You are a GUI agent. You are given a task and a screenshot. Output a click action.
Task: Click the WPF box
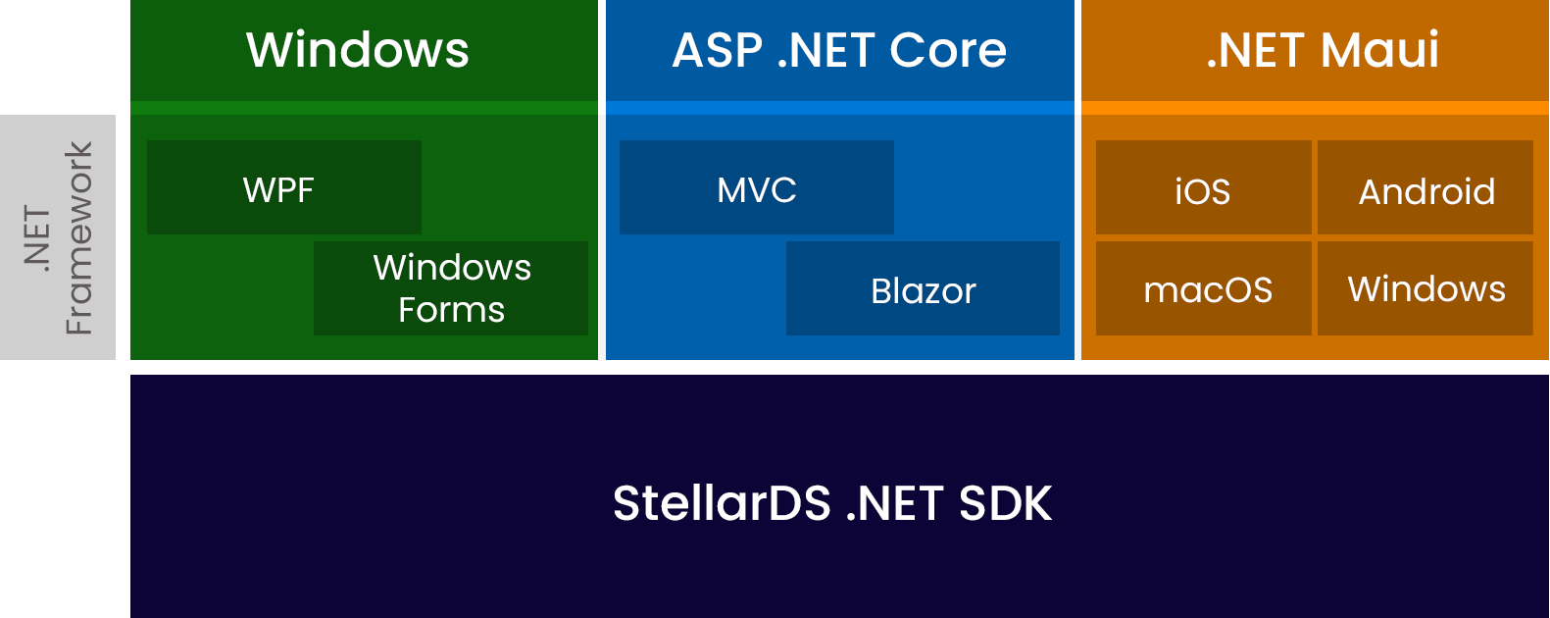click(283, 187)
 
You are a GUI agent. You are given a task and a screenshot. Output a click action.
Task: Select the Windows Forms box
click(451, 288)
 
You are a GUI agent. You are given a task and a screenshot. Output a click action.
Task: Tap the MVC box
click(756, 187)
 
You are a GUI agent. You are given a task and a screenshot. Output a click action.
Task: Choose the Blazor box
click(923, 289)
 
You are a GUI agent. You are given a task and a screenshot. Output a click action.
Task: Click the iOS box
click(1203, 188)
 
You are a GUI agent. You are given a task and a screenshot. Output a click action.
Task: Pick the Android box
click(1425, 188)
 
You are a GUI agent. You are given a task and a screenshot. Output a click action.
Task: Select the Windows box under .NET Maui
click(1425, 289)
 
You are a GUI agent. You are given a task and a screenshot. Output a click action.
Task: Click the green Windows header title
click(358, 50)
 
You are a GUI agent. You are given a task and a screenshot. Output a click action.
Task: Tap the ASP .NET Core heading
click(839, 50)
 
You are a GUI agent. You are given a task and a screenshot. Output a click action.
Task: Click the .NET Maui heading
click(1322, 50)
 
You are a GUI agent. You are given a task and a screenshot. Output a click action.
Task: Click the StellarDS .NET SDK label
click(831, 503)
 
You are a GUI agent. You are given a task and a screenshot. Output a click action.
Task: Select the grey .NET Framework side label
click(58, 237)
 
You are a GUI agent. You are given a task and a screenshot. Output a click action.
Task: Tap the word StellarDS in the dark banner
click(722, 503)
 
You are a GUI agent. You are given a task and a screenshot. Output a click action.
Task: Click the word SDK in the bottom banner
click(1005, 503)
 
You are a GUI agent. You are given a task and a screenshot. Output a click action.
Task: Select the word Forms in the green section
click(451, 310)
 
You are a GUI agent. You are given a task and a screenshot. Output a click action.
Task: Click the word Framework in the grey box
click(78, 237)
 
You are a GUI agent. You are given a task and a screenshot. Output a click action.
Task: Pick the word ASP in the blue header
click(717, 50)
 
